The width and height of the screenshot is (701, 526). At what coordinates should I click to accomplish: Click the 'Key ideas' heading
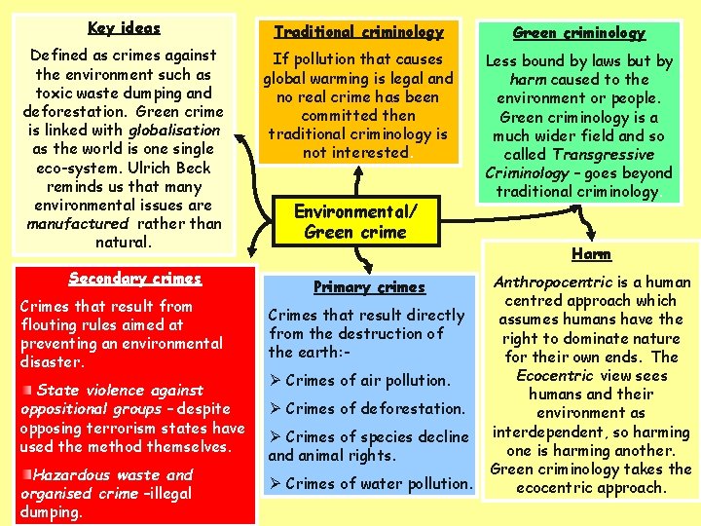(124, 27)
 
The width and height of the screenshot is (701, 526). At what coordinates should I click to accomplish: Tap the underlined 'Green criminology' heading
(592, 33)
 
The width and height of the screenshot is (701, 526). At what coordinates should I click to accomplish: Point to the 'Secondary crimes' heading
(135, 278)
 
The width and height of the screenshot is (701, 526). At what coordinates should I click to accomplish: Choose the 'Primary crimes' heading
(369, 286)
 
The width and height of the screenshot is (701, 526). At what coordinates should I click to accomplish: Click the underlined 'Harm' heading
(591, 254)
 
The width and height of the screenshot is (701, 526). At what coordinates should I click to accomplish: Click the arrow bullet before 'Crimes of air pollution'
(275, 381)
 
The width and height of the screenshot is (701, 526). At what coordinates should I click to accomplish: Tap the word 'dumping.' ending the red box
(52, 511)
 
